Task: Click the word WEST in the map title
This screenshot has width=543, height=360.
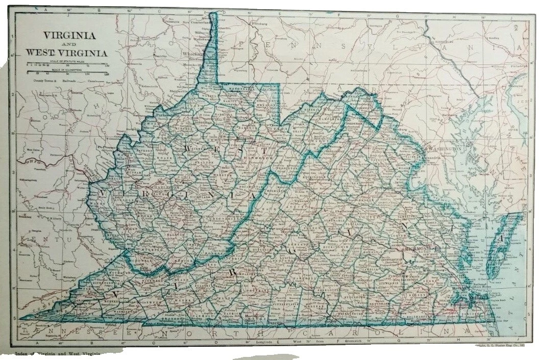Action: tap(39, 53)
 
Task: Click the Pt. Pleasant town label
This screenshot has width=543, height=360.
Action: tap(106, 147)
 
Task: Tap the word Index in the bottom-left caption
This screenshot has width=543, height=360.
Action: tap(22, 352)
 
